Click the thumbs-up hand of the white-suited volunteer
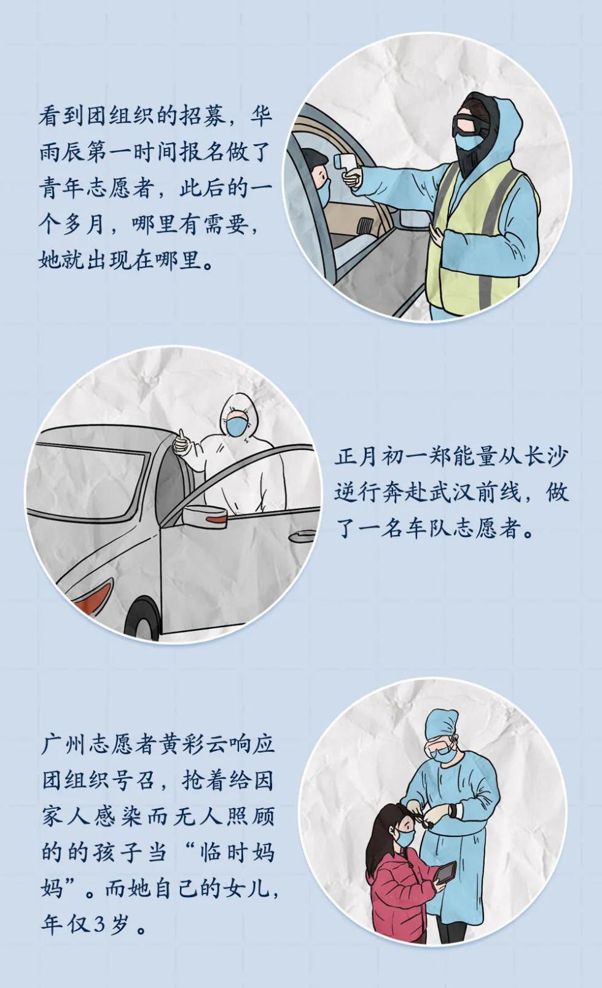click(181, 442)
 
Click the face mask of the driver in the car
click(323, 193)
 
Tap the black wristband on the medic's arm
click(453, 809)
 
